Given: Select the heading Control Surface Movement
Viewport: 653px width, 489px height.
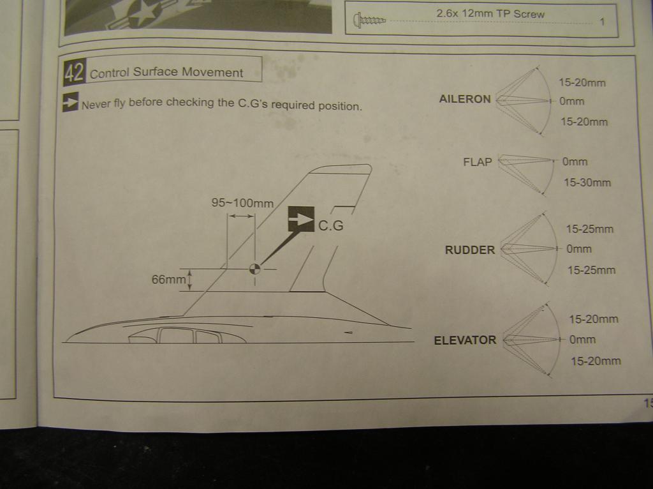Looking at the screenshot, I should tap(166, 73).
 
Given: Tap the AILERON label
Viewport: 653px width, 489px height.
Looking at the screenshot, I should tap(465, 100).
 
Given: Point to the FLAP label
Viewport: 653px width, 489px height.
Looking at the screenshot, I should tap(478, 162).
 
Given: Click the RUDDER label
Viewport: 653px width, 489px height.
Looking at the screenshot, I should tap(470, 250).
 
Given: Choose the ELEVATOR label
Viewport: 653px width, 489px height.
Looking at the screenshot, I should tap(465, 340).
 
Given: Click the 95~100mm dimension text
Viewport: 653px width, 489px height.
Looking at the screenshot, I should tap(242, 204).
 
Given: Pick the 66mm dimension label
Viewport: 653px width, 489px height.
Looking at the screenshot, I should tap(168, 280).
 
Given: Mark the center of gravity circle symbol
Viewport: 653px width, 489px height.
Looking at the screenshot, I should tap(254, 269).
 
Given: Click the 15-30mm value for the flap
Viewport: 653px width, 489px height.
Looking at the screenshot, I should tap(587, 183).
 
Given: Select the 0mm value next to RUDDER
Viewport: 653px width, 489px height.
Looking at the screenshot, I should tap(579, 250).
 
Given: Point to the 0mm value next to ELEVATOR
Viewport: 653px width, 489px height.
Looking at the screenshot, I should tap(583, 340).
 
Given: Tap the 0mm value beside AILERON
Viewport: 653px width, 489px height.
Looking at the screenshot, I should tap(571, 101).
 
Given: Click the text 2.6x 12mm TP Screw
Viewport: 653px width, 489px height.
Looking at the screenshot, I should tap(490, 13).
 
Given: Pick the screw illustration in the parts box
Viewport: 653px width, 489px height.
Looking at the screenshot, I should tap(370, 21).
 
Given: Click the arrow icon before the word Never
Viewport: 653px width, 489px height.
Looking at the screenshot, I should tap(70, 103).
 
